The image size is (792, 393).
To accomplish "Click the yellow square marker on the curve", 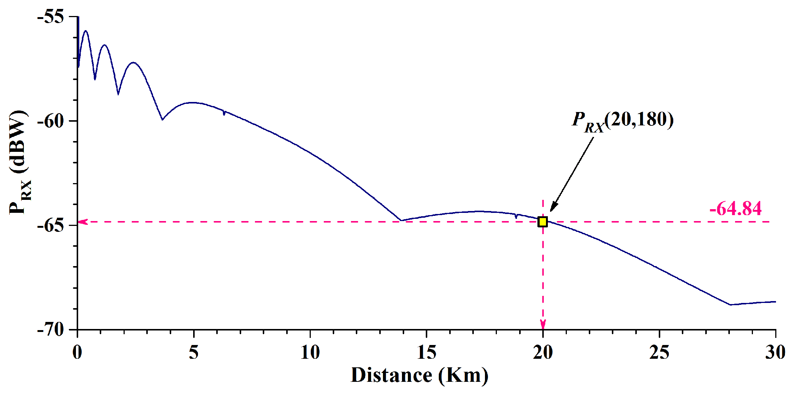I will coord(543,222).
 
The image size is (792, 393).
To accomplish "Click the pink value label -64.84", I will coord(735,208).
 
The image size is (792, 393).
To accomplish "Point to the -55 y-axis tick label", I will coord(51,17).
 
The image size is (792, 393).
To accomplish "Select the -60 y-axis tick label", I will coord(51,121).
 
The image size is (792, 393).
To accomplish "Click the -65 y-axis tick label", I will coord(51,226).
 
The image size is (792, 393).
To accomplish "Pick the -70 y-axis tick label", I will coord(51,329).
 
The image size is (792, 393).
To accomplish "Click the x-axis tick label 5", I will coord(194,352).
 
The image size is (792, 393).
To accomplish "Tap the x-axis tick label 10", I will coord(310,352).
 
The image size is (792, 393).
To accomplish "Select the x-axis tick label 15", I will coord(427,352).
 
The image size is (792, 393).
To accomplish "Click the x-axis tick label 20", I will coord(543,352).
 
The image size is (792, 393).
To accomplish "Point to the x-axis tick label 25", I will coord(659,352).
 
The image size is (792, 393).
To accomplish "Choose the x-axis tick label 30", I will coord(775,352).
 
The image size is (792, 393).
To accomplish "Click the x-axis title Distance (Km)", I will coord(419,375).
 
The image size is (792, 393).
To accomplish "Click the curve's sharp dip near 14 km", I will coord(401,220).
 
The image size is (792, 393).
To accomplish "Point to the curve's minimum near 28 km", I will coord(730,304).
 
